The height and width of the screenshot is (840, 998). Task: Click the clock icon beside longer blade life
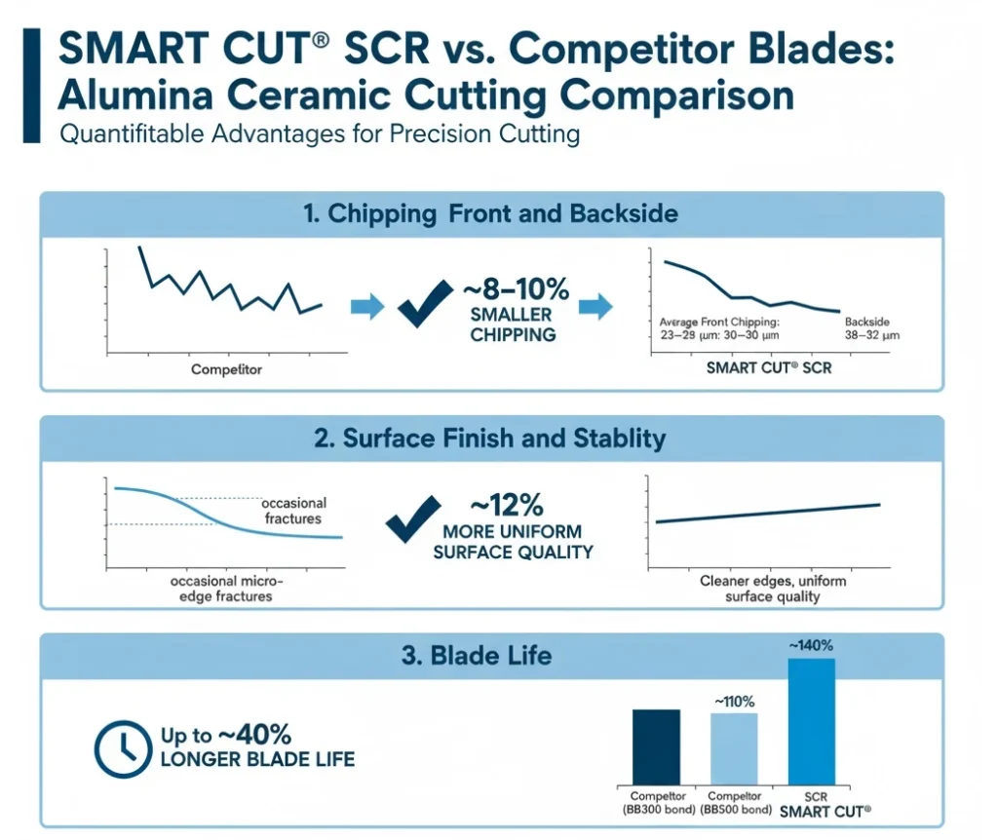pyautogui.click(x=124, y=749)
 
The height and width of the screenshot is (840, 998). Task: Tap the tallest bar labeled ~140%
pyautogui.click(x=812, y=722)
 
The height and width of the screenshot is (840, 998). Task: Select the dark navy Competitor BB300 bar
pyautogui.click(x=656, y=747)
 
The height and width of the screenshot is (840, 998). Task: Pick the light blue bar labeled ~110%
pyautogui.click(x=734, y=749)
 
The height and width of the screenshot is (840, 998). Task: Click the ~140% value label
pyautogui.click(x=811, y=645)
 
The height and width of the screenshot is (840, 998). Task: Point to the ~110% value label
pyautogui.click(x=734, y=702)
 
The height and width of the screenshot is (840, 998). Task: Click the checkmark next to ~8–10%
pyautogui.click(x=425, y=303)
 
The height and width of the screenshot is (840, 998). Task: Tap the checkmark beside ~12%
pyautogui.click(x=413, y=518)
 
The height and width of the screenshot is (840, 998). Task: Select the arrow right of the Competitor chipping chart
pyautogui.click(x=367, y=306)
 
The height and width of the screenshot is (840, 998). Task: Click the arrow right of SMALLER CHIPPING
pyautogui.click(x=595, y=306)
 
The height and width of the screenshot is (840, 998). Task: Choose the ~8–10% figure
pyautogui.click(x=517, y=288)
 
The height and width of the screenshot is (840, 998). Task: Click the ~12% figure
pyautogui.click(x=507, y=506)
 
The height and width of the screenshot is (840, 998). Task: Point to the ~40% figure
pyautogui.click(x=254, y=735)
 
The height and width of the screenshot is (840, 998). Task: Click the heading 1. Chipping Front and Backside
pyautogui.click(x=491, y=213)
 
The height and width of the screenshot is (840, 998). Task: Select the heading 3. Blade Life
pyautogui.click(x=476, y=656)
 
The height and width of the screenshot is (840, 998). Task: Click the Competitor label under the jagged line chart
pyautogui.click(x=226, y=369)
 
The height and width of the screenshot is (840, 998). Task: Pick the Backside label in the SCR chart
pyautogui.click(x=866, y=322)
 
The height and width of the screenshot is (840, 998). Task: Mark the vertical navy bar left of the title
pyautogui.click(x=31, y=86)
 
